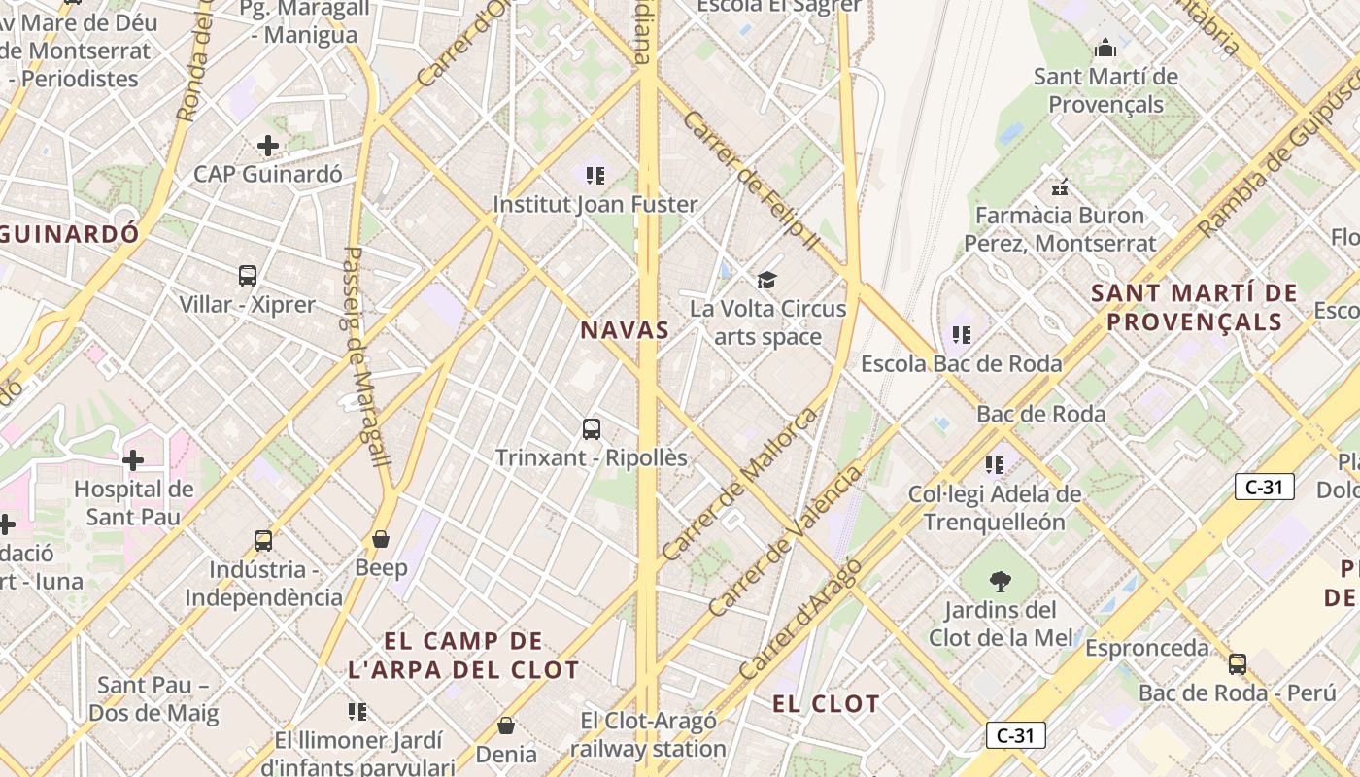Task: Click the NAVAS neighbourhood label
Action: [625, 330]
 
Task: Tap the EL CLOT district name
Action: [826, 704]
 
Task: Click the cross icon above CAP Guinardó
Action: [268, 147]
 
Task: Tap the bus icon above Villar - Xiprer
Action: [248, 276]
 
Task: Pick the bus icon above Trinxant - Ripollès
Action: [591, 428]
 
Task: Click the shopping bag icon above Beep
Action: [381, 538]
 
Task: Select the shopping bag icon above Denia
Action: [505, 726]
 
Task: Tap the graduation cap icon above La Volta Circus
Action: [767, 281]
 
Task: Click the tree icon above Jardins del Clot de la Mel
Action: [1000, 582]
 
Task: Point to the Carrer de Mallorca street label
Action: [739, 485]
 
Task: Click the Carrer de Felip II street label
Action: [751, 180]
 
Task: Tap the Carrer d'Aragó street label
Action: [799, 619]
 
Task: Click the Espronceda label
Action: [1147, 648]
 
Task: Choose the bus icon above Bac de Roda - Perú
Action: [1237, 664]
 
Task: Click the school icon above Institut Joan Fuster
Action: [595, 176]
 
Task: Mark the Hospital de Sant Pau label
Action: [134, 502]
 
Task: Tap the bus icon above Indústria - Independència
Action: [263, 540]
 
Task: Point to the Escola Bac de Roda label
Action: [962, 364]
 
